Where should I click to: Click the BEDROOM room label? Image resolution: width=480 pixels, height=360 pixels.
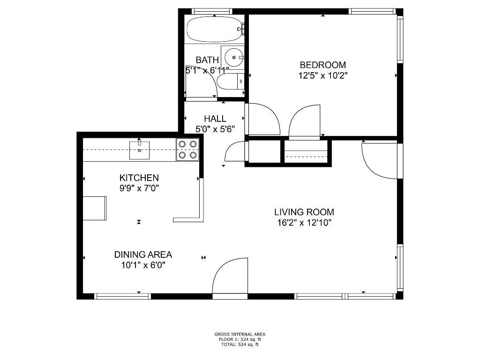(x=323, y=65)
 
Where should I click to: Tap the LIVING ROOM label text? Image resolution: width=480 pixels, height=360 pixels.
(x=304, y=212)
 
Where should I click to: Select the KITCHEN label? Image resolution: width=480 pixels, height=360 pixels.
(x=139, y=178)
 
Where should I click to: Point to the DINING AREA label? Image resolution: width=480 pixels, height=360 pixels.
(x=143, y=255)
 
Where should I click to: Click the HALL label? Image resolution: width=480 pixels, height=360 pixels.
(x=215, y=119)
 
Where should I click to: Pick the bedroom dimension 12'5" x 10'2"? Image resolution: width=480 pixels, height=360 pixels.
(x=323, y=75)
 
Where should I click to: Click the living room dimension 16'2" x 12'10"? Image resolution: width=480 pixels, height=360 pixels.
(x=304, y=223)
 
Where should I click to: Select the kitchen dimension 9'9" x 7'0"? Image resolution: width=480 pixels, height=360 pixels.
(x=139, y=188)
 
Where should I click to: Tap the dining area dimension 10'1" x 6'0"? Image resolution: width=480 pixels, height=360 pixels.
(x=143, y=265)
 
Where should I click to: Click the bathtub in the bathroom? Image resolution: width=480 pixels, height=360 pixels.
(x=215, y=30)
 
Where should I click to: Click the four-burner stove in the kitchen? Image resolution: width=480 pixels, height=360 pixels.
(x=188, y=150)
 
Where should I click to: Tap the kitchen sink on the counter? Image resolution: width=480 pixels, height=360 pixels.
(x=139, y=150)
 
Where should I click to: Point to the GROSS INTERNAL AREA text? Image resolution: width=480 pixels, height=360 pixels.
(x=240, y=334)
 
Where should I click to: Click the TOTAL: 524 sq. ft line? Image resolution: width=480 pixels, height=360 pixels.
(x=240, y=345)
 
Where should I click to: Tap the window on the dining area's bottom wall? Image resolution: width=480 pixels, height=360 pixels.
(x=123, y=296)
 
